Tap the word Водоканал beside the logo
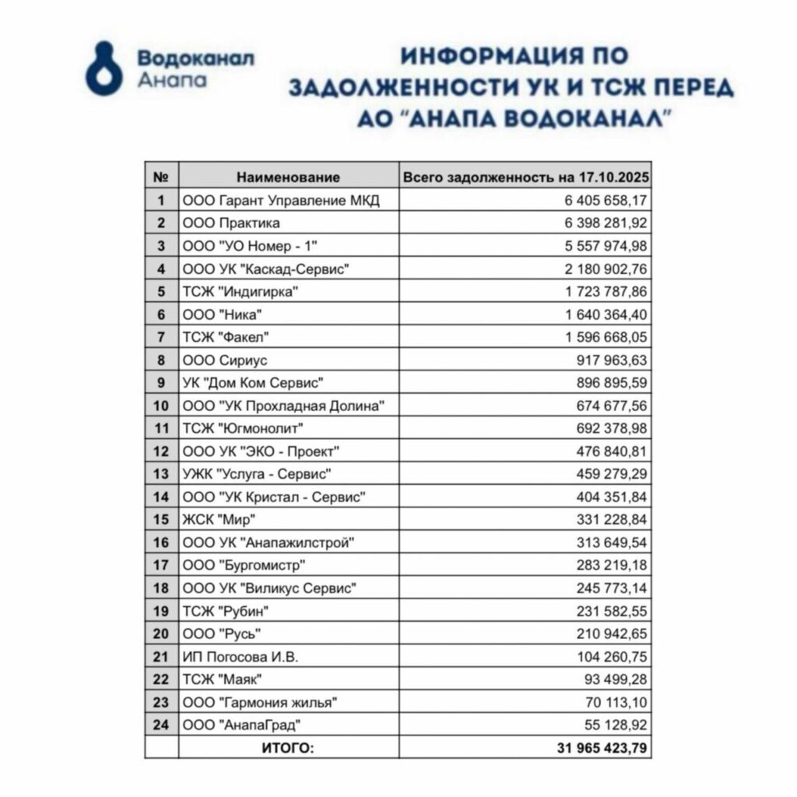(195, 58)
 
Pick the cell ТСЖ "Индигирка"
(241, 292)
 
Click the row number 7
(161, 337)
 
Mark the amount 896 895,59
(613, 383)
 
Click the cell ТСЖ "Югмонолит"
(242, 428)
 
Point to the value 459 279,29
(613, 474)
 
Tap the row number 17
(161, 565)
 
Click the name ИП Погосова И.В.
(241, 657)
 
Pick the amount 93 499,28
(616, 679)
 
